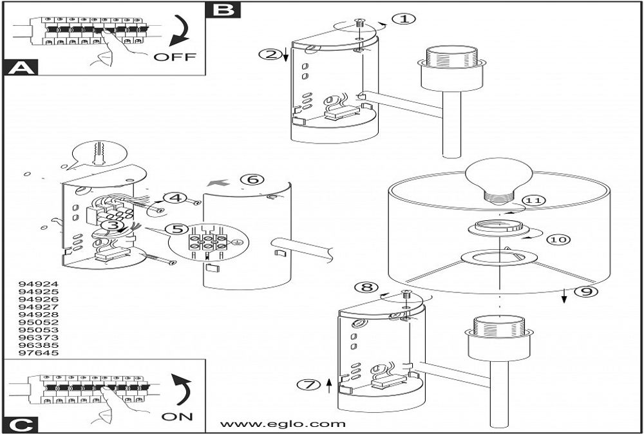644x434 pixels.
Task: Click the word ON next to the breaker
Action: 177,416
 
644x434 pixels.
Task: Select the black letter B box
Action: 223,9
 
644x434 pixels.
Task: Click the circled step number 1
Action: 404,19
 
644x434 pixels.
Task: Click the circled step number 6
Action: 252,179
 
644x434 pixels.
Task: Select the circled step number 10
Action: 558,239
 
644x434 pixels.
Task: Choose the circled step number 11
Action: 533,200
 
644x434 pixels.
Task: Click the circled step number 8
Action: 366,287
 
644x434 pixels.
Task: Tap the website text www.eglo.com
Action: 283,424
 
